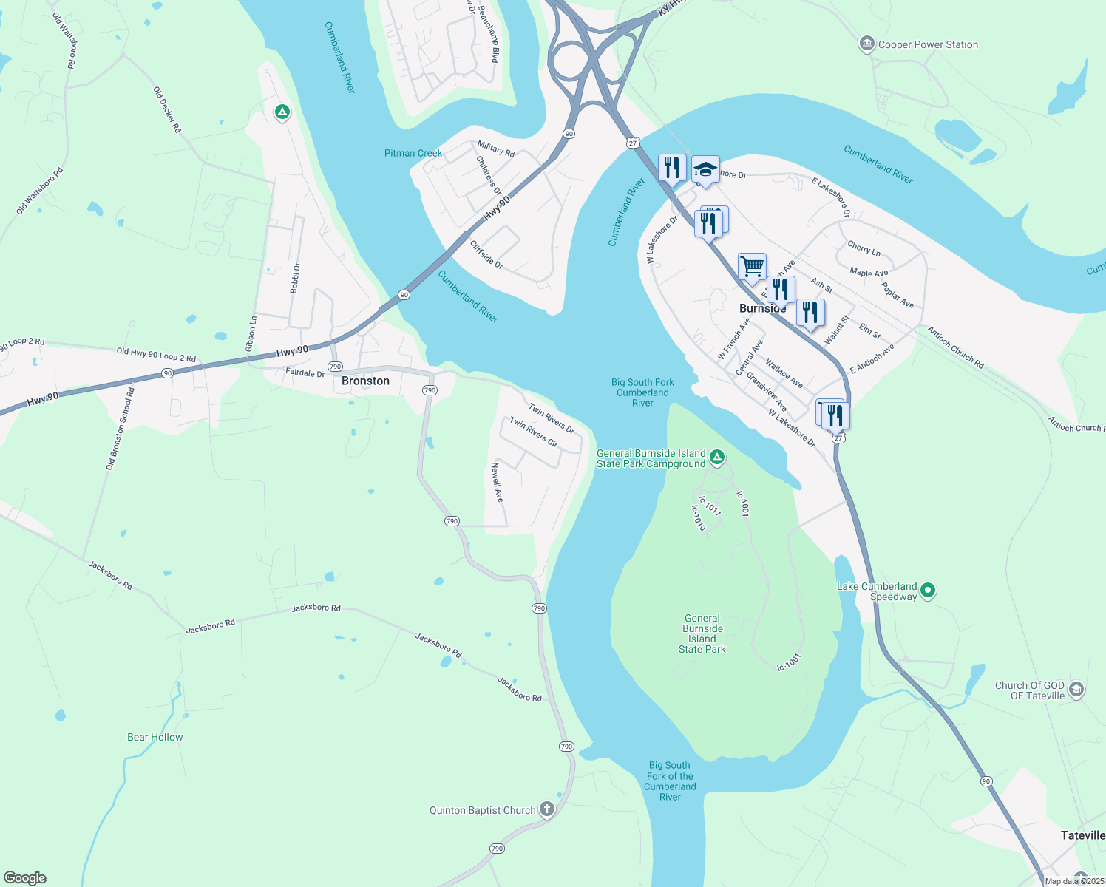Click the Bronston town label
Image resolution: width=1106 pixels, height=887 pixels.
[365, 381]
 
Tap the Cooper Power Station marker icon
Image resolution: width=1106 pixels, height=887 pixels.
[866, 44]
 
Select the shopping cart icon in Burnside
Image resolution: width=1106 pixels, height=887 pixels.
[752, 267]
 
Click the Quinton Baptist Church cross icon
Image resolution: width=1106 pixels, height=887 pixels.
[546, 809]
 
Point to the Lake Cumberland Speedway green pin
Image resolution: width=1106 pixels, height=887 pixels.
[929, 591]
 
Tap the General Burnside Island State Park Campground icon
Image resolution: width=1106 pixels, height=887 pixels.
[716, 458]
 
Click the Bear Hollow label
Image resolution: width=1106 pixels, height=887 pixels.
[155, 737]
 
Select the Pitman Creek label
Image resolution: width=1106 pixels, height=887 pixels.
[413, 153]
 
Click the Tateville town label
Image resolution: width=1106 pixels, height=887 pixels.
[1082, 835]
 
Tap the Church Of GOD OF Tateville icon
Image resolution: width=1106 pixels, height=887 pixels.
[1076, 690]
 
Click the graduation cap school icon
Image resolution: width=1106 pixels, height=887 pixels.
[705, 170]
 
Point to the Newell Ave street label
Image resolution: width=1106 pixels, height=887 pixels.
[498, 483]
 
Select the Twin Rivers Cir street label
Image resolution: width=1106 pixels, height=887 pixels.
[534, 433]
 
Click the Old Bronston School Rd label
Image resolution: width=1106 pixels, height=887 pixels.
[121, 428]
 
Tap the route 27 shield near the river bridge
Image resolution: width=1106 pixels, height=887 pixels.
[633, 143]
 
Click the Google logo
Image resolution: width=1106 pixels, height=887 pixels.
[25, 878]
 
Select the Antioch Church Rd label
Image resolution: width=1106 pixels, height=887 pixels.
[956, 347]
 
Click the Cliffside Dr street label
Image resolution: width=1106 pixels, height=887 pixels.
[486, 254]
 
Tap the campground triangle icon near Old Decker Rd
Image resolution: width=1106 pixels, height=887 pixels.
[282, 112]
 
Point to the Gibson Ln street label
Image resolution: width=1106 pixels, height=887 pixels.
[251, 334]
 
